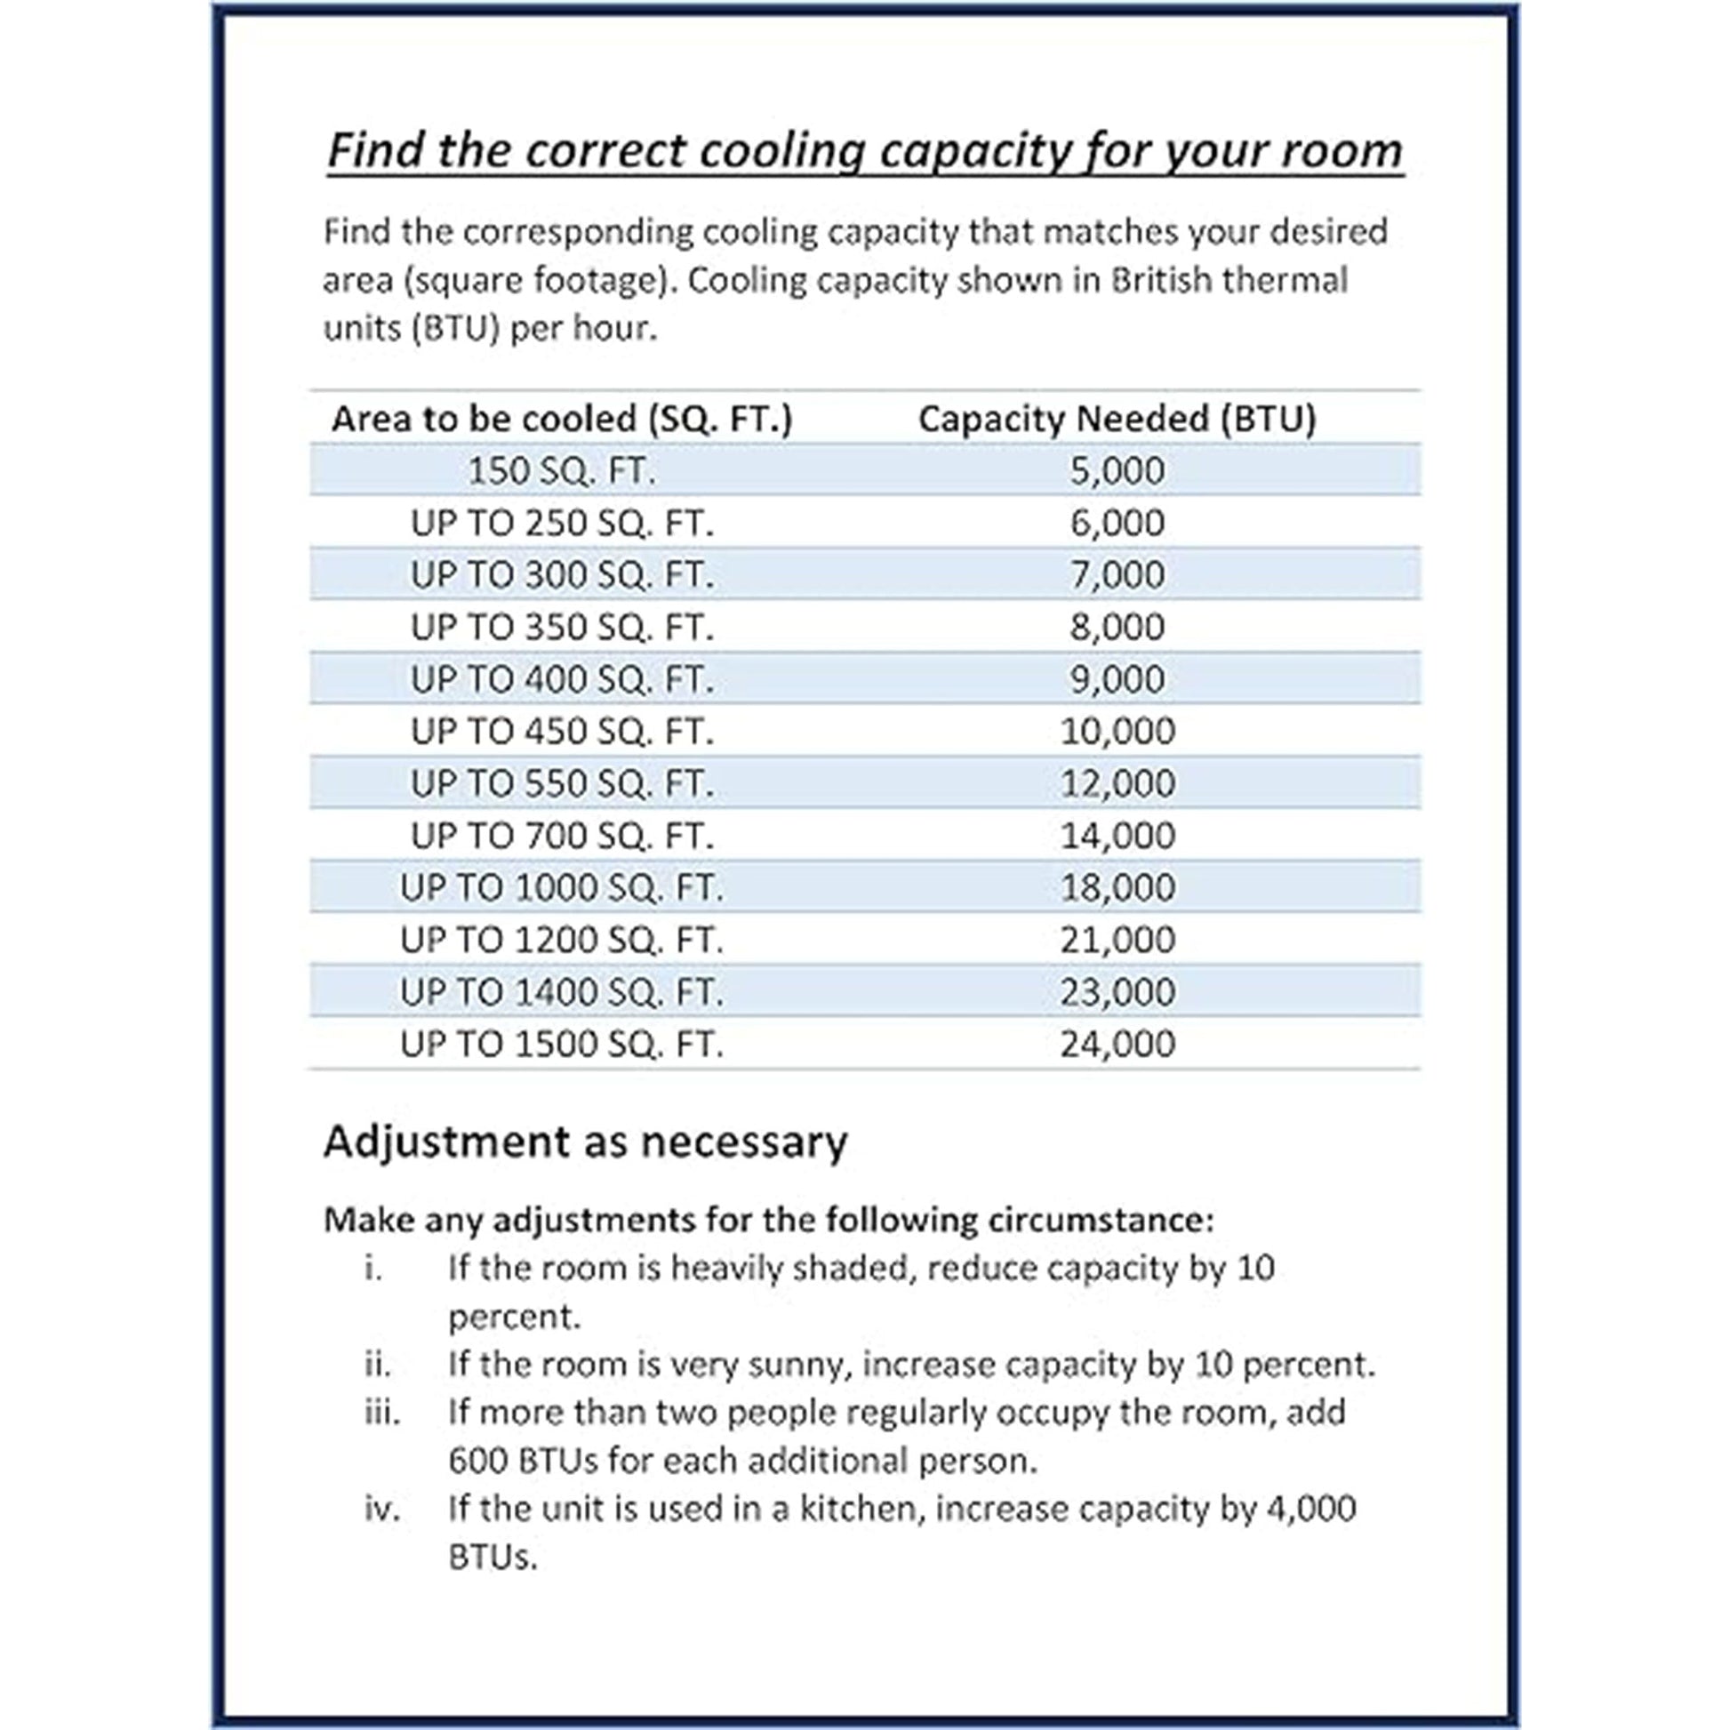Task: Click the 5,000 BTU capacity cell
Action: (1117, 470)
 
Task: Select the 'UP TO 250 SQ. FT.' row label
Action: (563, 523)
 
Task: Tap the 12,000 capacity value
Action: (1117, 783)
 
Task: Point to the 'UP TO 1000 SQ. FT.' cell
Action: (562, 887)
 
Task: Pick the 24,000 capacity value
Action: (1117, 1044)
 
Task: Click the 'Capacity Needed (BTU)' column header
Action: (1117, 419)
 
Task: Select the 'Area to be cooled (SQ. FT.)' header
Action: (562, 419)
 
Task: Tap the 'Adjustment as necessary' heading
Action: (585, 1141)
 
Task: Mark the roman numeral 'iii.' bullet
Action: (382, 1412)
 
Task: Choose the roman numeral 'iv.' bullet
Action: (382, 1509)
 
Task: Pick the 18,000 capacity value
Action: (1117, 887)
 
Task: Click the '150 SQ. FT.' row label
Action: (562, 471)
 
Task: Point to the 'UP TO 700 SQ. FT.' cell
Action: (563, 836)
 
